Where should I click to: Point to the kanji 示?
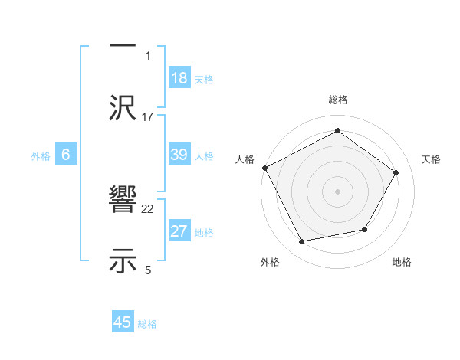click(123, 260)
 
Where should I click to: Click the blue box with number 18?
click(179, 78)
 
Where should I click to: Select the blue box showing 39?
click(179, 155)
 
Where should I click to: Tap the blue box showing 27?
click(179, 231)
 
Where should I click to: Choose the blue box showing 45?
click(123, 322)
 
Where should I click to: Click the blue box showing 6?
click(66, 155)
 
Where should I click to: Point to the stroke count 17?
click(148, 116)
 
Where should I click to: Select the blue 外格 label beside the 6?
click(41, 155)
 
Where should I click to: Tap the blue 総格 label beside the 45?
click(147, 324)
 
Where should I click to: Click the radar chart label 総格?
click(337, 100)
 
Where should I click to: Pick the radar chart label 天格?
click(431, 159)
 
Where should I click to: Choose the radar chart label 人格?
click(245, 159)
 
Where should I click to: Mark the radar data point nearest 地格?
click(365, 229)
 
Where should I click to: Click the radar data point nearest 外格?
click(302, 242)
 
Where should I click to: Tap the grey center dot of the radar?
click(337, 191)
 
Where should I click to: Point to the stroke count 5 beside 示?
click(148, 269)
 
